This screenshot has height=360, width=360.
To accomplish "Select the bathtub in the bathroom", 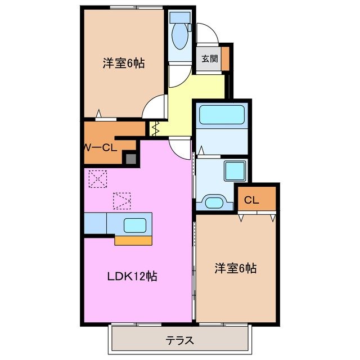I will coord(221,115).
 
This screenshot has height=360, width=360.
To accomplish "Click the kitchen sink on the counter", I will coord(136,224).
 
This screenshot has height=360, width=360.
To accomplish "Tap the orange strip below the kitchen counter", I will coord(134,241).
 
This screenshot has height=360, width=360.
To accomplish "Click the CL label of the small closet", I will coord(251,199).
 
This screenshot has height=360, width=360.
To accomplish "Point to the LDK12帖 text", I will coord(132,276).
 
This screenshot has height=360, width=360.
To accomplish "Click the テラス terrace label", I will coord(180,340).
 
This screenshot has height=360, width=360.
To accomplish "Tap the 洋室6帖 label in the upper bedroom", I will coord(123,64).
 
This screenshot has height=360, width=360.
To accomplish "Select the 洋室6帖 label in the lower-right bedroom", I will coord(235,268).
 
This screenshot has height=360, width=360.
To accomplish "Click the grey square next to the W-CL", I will coord(130,159).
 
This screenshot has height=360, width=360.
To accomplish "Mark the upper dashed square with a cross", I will coord(98,179).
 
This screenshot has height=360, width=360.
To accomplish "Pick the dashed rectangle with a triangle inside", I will coord(121,200).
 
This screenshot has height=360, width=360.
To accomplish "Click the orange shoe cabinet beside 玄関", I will coord(225,58).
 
